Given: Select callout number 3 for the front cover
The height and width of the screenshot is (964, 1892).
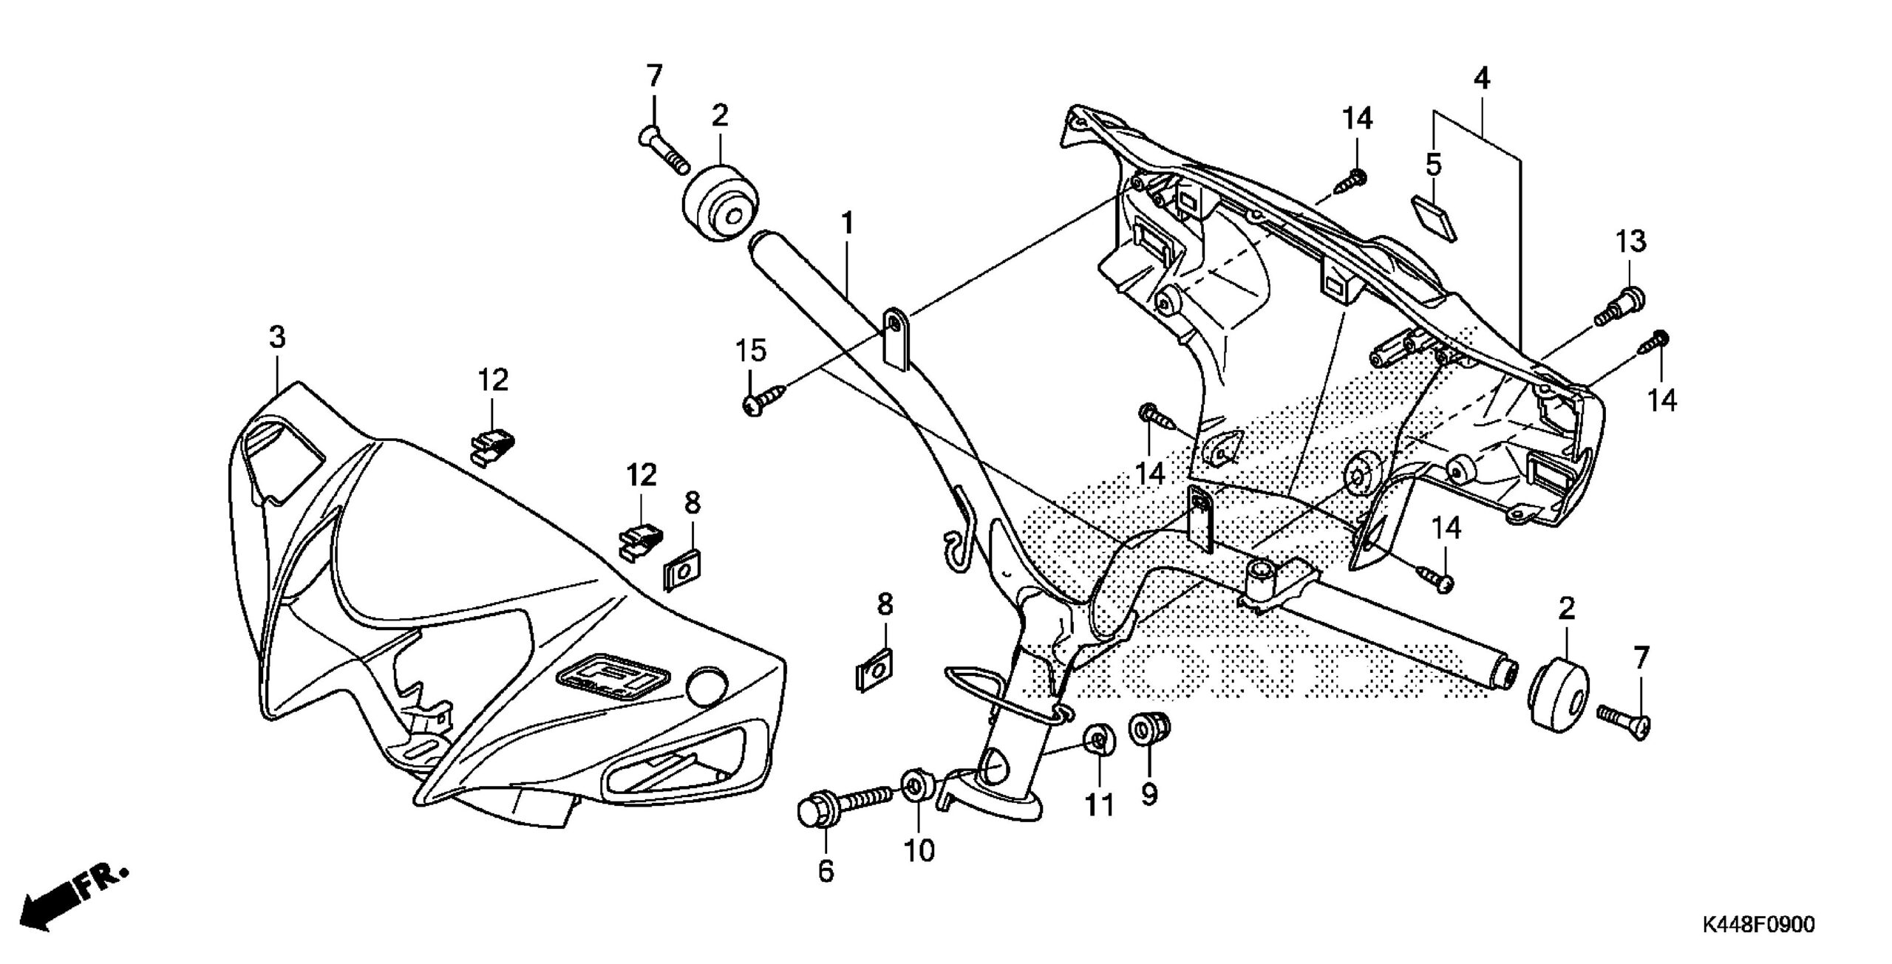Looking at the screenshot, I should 276,338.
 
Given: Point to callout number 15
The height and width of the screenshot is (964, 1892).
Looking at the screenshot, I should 751,351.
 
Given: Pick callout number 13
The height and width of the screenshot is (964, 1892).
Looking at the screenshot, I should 1631,241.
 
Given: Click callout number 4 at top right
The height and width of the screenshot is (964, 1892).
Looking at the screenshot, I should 1481,78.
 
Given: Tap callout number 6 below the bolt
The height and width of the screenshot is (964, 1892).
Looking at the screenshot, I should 826,871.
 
